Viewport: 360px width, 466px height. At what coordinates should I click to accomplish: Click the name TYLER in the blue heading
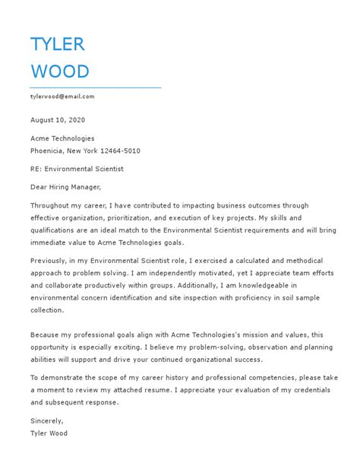pos(57,44)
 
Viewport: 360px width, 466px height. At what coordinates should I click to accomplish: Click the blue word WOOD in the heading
pos(60,71)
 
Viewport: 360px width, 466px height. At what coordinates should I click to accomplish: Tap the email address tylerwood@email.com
pos(62,97)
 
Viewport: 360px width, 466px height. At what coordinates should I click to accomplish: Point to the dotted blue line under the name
pos(95,87)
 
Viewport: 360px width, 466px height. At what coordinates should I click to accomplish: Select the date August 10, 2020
pos(58,119)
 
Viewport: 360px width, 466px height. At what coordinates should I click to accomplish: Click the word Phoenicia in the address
pos(47,151)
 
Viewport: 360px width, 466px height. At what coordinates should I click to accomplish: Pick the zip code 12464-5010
pos(118,151)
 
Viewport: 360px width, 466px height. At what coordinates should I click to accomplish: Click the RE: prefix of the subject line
pos(36,169)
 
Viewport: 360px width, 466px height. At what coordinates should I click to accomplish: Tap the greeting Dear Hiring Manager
pos(65,187)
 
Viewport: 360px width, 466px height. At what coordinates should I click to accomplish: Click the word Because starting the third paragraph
pos(46,334)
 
